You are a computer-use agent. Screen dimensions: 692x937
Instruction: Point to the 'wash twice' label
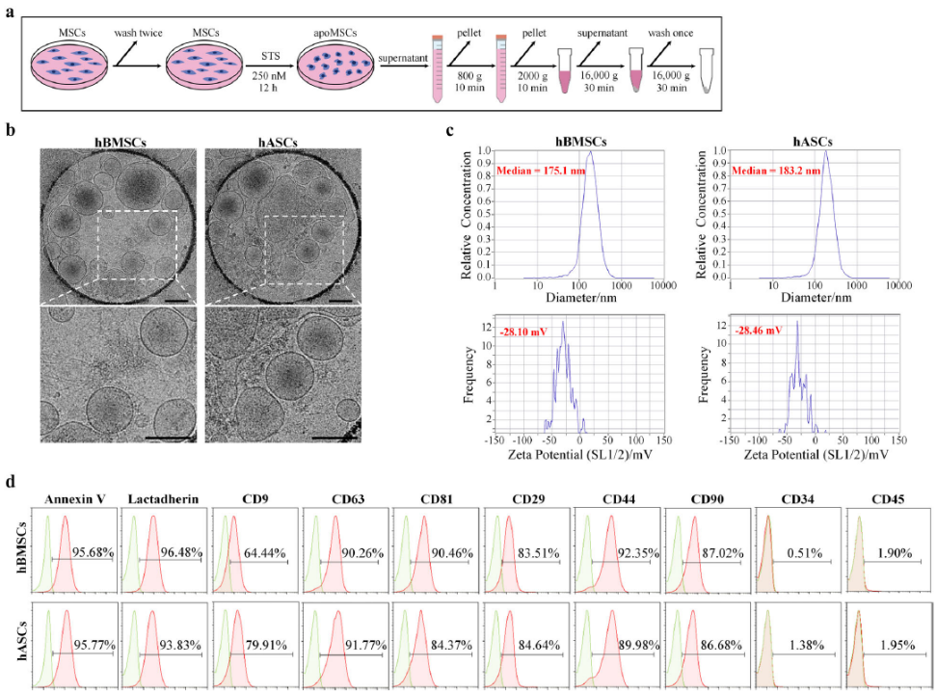[139, 32]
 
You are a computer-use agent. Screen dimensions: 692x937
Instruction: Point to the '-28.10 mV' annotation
[521, 330]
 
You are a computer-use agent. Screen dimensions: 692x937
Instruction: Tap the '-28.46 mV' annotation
[755, 330]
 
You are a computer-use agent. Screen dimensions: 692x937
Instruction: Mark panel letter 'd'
[10, 479]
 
